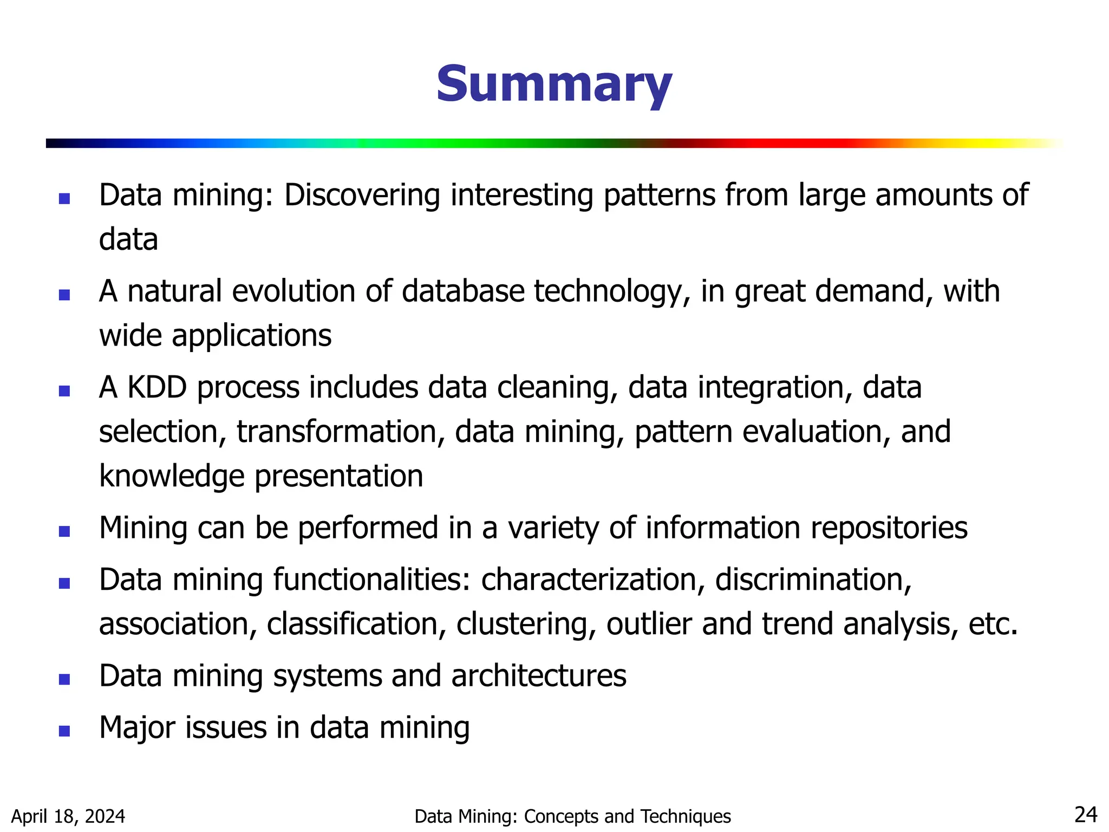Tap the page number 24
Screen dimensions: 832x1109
pyautogui.click(x=1085, y=815)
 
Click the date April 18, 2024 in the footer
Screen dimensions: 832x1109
pyautogui.click(x=68, y=816)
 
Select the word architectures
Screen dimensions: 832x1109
pyautogui.click(x=538, y=676)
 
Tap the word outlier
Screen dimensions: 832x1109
pyautogui.click(x=649, y=624)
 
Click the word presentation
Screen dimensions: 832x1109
pyautogui.click(x=338, y=477)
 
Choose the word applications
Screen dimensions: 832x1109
pyautogui.click(x=251, y=336)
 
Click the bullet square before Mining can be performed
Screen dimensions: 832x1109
pyautogui.click(x=64, y=531)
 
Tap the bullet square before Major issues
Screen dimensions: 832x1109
pyautogui.click(x=64, y=731)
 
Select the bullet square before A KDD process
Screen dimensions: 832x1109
pyautogui.click(x=64, y=391)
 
